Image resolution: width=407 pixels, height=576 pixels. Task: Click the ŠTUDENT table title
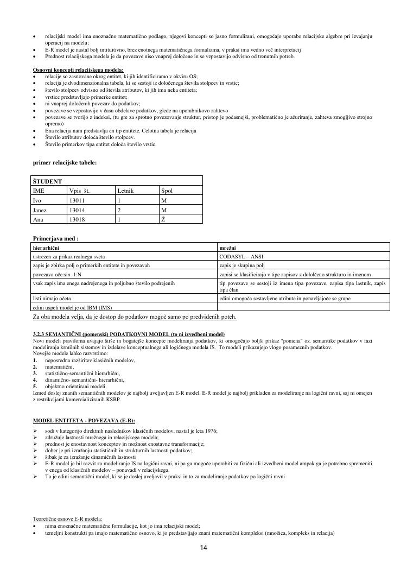(47, 181)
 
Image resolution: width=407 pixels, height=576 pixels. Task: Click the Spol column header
(167, 191)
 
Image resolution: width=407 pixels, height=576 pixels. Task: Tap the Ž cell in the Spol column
(163, 219)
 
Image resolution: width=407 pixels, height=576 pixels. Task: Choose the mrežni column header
(228, 247)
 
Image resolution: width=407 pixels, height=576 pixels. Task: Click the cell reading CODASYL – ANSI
(241, 256)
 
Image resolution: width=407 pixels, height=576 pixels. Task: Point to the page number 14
(203, 548)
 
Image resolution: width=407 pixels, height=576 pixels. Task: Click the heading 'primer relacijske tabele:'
(65, 162)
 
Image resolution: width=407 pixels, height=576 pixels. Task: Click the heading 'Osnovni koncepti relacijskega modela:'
(78, 70)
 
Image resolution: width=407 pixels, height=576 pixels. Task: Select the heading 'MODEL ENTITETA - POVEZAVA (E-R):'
(84, 421)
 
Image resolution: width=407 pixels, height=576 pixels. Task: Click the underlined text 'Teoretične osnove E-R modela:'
(68, 519)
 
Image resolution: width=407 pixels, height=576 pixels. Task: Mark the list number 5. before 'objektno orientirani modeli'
(35, 386)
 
